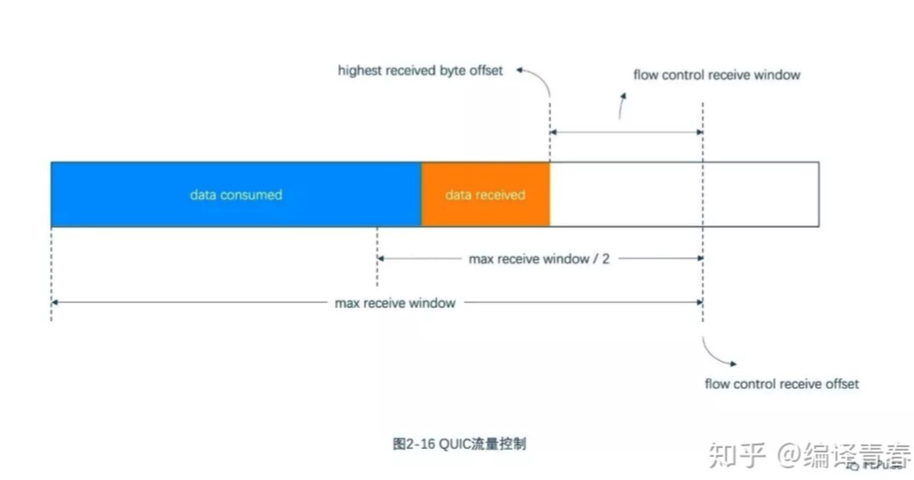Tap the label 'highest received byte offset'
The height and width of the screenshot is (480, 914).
pyautogui.click(x=420, y=71)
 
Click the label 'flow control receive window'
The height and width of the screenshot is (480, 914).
pyautogui.click(x=716, y=75)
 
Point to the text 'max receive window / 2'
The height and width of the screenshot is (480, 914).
pyautogui.click(x=539, y=259)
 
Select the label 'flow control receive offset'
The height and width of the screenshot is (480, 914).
pyautogui.click(x=782, y=384)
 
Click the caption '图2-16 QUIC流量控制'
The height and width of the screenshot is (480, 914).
pyautogui.click(x=459, y=443)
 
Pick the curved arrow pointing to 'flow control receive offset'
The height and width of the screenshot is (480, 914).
pyautogui.click(x=722, y=355)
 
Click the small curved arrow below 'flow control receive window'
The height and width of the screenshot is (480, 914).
pyautogui.click(x=622, y=107)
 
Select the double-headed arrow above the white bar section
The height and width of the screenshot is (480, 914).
pyautogui.click(x=626, y=132)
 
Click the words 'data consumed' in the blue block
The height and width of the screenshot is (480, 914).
pyautogui.click(x=236, y=195)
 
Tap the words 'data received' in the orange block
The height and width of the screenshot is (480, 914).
pyautogui.click(x=485, y=195)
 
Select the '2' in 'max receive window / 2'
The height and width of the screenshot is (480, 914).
pyautogui.click(x=606, y=259)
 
